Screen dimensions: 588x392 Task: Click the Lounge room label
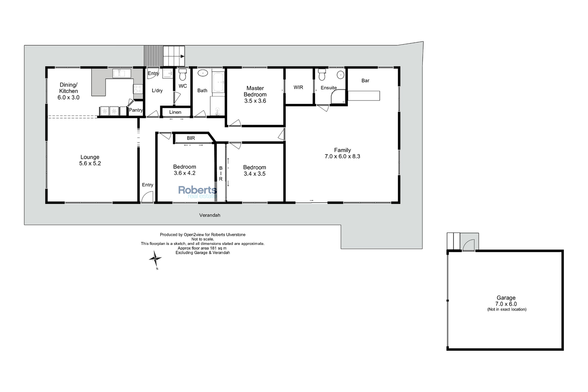tap(90, 157)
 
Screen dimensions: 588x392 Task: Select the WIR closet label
tap(298, 87)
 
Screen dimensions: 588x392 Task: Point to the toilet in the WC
tap(183, 74)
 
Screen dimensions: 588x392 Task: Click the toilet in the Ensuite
tap(322, 74)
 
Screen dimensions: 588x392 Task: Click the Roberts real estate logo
tap(198, 192)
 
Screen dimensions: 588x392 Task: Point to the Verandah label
tap(210, 215)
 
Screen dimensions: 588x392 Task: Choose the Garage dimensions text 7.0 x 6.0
tap(506, 304)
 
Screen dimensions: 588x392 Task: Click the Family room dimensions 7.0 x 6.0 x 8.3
tap(342, 156)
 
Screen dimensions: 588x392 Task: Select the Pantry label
tap(136, 110)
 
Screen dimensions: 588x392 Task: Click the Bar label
tap(365, 81)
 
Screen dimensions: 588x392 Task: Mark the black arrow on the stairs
tap(182, 56)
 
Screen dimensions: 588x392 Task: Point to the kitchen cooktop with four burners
tap(138, 89)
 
